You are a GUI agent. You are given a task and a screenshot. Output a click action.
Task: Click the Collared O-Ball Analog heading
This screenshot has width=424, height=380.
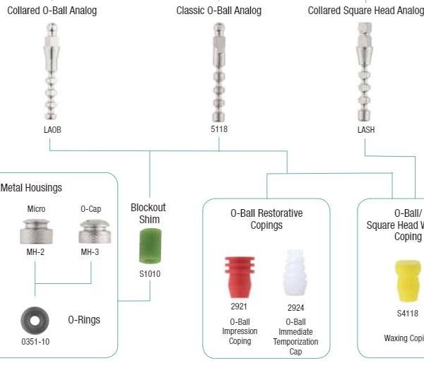[x=52, y=11]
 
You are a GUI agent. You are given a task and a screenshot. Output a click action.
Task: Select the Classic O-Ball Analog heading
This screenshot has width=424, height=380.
[x=218, y=11]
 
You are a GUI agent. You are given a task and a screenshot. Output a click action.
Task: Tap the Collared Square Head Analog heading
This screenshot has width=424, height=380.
[x=365, y=11]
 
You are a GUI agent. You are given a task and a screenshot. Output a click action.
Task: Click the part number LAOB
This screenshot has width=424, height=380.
[x=52, y=129]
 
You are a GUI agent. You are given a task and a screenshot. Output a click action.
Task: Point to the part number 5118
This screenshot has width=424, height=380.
[x=219, y=129]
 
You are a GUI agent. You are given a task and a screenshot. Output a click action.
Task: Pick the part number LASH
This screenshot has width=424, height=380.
[x=365, y=129]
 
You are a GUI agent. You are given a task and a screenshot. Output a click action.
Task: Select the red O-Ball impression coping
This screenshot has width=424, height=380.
[x=240, y=276]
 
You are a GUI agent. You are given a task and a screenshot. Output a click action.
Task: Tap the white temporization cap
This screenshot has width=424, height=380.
[x=295, y=274]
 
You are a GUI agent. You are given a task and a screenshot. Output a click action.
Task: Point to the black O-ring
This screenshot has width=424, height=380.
[x=35, y=320]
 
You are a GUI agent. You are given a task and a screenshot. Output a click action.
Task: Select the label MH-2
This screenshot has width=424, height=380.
[x=35, y=252]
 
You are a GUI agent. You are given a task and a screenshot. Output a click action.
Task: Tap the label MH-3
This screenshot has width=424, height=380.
[x=90, y=252]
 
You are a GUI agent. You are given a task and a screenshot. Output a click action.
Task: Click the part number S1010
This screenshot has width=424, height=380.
[x=149, y=273]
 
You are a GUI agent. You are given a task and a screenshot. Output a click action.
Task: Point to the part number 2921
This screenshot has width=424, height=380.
[x=240, y=307]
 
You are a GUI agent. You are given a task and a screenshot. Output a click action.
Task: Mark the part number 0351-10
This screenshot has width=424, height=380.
[x=35, y=342]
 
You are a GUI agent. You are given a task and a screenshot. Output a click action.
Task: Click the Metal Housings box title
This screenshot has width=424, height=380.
[x=32, y=188]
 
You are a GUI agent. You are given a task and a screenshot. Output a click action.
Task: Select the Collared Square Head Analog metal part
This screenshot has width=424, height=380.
[x=365, y=71]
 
